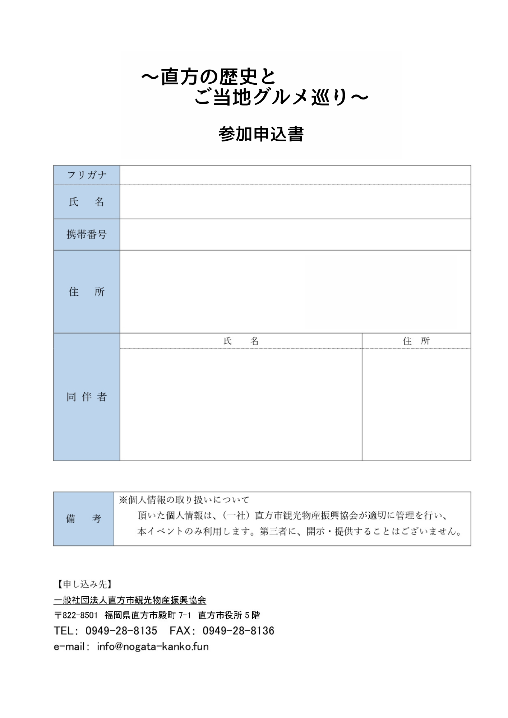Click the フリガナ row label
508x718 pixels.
(87, 175)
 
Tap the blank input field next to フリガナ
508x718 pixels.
(295, 175)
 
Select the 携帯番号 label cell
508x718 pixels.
(87, 234)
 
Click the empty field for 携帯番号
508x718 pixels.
(295, 234)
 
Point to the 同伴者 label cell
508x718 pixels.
(87, 397)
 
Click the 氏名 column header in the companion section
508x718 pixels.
(241, 341)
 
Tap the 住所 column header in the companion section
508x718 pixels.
(416, 341)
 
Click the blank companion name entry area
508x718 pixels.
(241, 404)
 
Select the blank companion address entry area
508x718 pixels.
(416, 404)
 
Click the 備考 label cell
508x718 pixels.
(84, 519)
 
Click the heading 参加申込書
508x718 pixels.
(261, 134)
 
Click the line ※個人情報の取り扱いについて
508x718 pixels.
(184, 500)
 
